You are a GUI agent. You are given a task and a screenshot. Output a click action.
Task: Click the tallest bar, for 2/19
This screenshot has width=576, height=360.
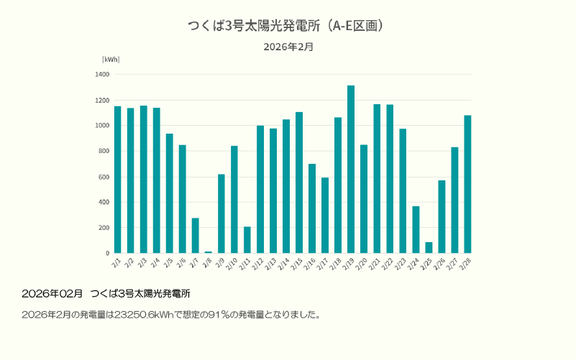coord(351,170)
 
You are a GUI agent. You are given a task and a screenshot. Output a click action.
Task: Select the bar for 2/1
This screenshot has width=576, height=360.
coord(117,180)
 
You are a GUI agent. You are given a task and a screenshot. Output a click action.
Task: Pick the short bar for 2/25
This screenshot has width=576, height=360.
coord(429,248)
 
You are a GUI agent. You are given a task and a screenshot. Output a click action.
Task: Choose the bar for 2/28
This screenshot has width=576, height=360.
coord(467,184)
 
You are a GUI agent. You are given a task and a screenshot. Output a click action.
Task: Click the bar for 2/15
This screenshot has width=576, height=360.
coord(299,183)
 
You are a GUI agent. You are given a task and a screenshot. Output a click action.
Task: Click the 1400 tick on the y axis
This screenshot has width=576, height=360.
coord(102,74)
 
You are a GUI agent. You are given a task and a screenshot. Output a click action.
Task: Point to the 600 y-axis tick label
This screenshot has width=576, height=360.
coord(104,177)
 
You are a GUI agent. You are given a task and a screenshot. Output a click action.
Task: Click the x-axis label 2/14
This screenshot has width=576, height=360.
coord(285,264)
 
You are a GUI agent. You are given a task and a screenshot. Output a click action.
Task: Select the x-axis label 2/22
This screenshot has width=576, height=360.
coord(389,264)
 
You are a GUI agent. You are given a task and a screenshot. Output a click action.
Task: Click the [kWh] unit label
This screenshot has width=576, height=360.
coord(111,60)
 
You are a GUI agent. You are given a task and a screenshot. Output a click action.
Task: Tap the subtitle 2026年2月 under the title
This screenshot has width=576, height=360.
coord(288,47)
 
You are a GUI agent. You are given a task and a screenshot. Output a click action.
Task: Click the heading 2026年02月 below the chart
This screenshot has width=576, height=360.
coord(52,294)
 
